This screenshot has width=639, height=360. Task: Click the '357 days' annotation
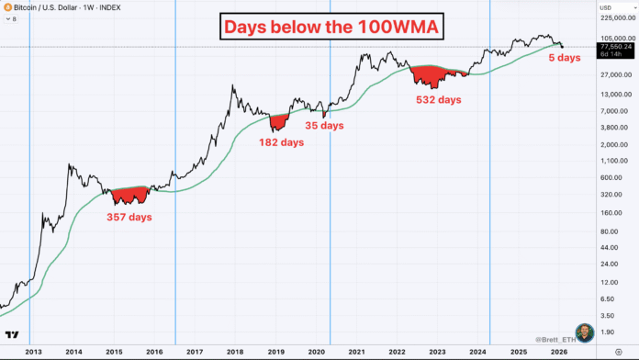point(129,218)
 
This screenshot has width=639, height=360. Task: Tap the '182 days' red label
point(281,142)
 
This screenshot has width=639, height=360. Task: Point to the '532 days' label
point(438,99)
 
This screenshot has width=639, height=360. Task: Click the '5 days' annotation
point(563,59)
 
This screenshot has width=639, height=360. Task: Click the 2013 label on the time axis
point(33,352)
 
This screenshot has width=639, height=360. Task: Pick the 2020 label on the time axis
point(318,352)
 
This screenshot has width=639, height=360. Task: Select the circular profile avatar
point(585,332)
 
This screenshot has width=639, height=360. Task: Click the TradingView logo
point(13,334)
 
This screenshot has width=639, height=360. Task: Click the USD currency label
point(609,6)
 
